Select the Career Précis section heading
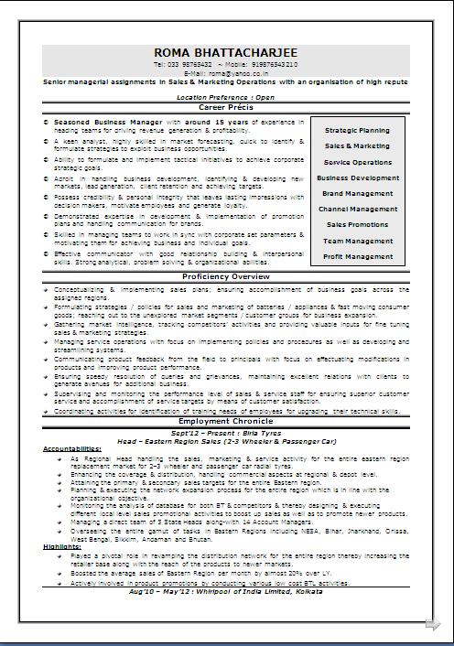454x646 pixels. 225,107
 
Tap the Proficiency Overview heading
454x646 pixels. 225,276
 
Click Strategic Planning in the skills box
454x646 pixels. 357,131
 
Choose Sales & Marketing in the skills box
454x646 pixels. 357,146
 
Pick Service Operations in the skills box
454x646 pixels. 357,162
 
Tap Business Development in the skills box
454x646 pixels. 357,178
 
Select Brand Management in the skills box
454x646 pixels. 357,194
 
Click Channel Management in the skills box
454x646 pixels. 357,210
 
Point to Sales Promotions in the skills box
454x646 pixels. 357,225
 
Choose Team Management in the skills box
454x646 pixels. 357,242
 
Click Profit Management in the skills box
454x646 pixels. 357,257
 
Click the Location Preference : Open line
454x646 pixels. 225,96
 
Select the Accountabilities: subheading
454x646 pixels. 71,449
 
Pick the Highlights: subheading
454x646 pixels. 60,546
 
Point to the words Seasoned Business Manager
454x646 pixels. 108,121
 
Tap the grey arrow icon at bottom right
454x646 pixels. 432,625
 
